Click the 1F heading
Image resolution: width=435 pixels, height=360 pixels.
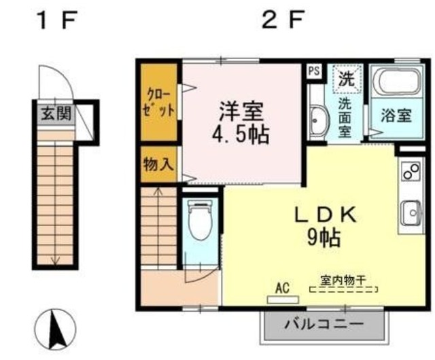pyautogui.click(x=55, y=21)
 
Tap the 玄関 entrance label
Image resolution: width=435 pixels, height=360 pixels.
pyautogui.click(x=54, y=112)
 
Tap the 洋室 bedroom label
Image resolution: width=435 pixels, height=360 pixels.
pyautogui.click(x=241, y=111)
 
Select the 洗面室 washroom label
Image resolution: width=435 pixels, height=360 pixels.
pyautogui.click(x=346, y=116)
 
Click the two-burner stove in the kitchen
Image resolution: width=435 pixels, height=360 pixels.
pyautogui.click(x=411, y=174)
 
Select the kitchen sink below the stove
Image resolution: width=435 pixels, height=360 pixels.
pyautogui.click(x=411, y=213)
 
